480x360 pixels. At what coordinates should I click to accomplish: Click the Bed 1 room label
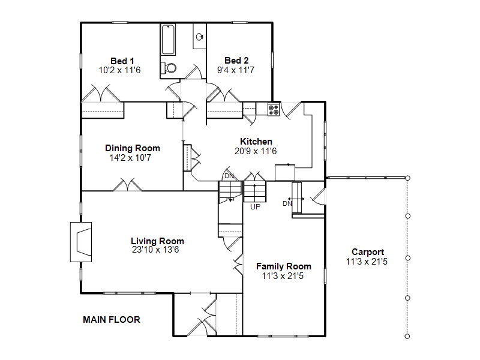point(122,61)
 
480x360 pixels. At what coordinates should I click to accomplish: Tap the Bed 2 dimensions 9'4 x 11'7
point(236,70)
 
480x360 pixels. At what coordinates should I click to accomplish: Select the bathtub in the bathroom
point(168,40)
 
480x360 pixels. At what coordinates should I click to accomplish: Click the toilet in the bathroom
point(169,68)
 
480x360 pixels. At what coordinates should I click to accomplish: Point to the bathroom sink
point(200,37)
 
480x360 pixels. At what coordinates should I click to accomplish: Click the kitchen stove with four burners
point(274,110)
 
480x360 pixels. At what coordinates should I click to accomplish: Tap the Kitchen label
point(256,142)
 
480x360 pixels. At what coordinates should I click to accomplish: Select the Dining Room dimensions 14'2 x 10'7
point(130,158)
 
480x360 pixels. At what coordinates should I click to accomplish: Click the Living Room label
point(157,241)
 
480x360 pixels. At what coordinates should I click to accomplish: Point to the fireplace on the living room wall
point(81,242)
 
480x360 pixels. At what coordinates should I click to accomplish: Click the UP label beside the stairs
point(256,207)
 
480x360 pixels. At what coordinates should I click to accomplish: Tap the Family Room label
point(283,266)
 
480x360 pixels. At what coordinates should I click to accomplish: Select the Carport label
point(368,252)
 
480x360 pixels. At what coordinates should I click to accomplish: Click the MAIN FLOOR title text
point(112,320)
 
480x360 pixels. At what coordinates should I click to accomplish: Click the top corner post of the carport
point(407,178)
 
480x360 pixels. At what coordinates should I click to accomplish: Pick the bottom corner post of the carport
point(407,336)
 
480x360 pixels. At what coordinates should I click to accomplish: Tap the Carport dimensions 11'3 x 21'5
point(367,262)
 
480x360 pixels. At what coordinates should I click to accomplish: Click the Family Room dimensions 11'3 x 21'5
point(283,276)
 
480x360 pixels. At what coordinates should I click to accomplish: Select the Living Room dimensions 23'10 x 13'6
point(155,250)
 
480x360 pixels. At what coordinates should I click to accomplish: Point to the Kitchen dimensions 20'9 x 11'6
point(256,151)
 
